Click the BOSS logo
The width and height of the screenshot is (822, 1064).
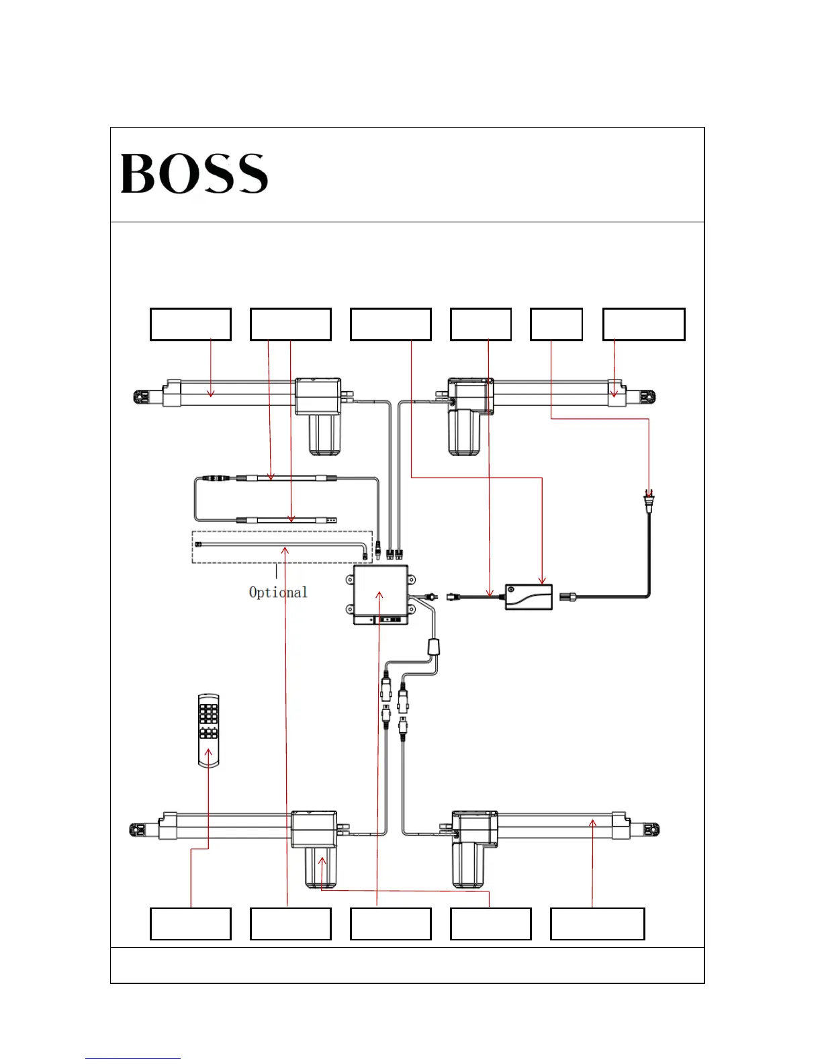tap(194, 173)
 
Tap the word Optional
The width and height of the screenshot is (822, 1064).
tap(278, 592)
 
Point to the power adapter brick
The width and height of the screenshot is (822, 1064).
tap(529, 596)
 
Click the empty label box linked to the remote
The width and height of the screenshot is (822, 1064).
tap(190, 924)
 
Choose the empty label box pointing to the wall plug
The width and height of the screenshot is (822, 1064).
tap(556, 324)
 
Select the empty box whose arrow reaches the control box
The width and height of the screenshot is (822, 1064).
tap(390, 924)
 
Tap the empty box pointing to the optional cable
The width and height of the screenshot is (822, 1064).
tap(290, 924)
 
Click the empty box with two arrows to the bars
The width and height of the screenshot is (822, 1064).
tap(290, 324)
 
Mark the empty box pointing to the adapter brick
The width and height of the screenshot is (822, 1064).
tap(390, 324)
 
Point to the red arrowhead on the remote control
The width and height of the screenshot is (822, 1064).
tap(208, 752)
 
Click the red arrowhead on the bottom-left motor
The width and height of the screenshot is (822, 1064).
tap(322, 861)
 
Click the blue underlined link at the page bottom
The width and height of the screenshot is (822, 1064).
tap(133, 1057)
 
